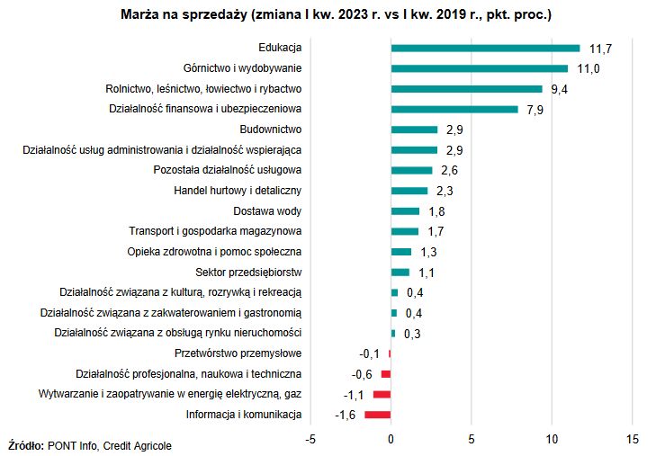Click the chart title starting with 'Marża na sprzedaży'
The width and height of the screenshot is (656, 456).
(336, 14)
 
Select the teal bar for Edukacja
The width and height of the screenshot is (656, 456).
(485, 48)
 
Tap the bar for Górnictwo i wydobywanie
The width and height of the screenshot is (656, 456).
(480, 68)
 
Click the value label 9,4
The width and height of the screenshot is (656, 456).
(560, 89)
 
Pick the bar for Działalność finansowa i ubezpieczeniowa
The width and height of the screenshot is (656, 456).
(454, 110)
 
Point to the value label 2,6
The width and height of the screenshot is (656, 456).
(450, 171)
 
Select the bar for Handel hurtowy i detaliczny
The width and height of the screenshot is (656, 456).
(409, 191)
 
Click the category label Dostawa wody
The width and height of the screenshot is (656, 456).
(267, 211)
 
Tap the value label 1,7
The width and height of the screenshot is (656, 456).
(436, 232)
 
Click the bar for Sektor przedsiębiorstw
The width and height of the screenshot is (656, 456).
(400, 273)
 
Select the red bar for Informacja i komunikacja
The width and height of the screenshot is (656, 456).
(378, 415)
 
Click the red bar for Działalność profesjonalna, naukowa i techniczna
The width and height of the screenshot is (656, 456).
(386, 374)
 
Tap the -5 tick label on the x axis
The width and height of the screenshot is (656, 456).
(310, 439)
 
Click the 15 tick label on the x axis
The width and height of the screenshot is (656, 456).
(632, 439)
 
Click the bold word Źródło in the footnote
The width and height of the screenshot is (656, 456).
(26, 445)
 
